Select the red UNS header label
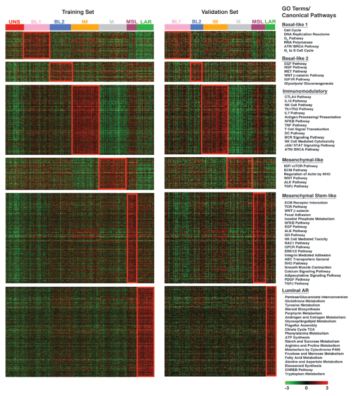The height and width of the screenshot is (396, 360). (14, 22)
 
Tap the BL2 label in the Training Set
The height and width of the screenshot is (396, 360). (59, 22)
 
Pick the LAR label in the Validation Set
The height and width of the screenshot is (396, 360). (271, 22)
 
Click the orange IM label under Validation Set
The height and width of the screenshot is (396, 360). (215, 22)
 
